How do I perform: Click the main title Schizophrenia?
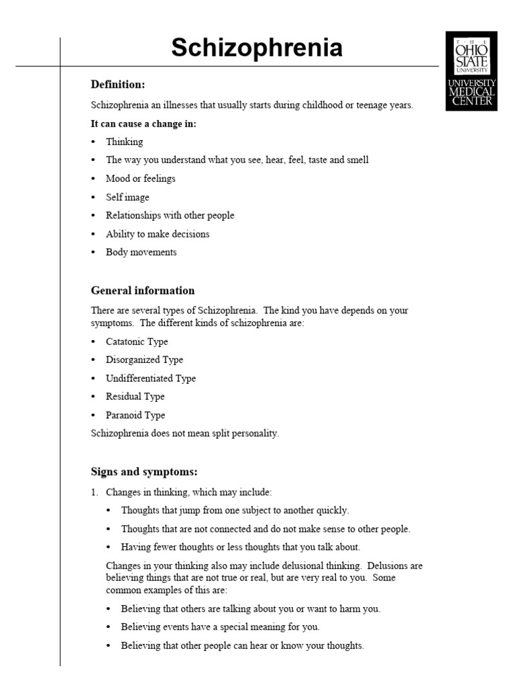pyautogui.click(x=257, y=48)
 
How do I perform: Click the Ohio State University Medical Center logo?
pyautogui.click(x=471, y=70)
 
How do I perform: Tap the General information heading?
pyautogui.click(x=143, y=290)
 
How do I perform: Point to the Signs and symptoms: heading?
pyautogui.click(x=144, y=471)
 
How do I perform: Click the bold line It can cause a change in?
pyautogui.click(x=144, y=124)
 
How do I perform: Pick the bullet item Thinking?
pyautogui.click(x=124, y=142)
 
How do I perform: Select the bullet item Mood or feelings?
pyautogui.click(x=140, y=178)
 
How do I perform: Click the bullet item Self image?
pyautogui.click(x=127, y=197)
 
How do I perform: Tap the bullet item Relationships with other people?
pyautogui.click(x=170, y=215)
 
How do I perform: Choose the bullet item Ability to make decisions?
pyautogui.click(x=158, y=234)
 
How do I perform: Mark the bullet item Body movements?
pyautogui.click(x=141, y=252)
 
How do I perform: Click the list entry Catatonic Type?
pyautogui.click(x=137, y=341)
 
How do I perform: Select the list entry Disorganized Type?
pyautogui.click(x=144, y=360)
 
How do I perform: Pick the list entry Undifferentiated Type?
pyautogui.click(x=151, y=378)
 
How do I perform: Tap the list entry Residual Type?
pyautogui.click(x=135, y=397)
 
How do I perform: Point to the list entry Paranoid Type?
pyautogui.click(x=135, y=415)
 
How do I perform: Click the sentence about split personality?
pyautogui.click(x=184, y=433)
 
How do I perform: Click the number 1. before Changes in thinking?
pyautogui.click(x=95, y=492)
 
